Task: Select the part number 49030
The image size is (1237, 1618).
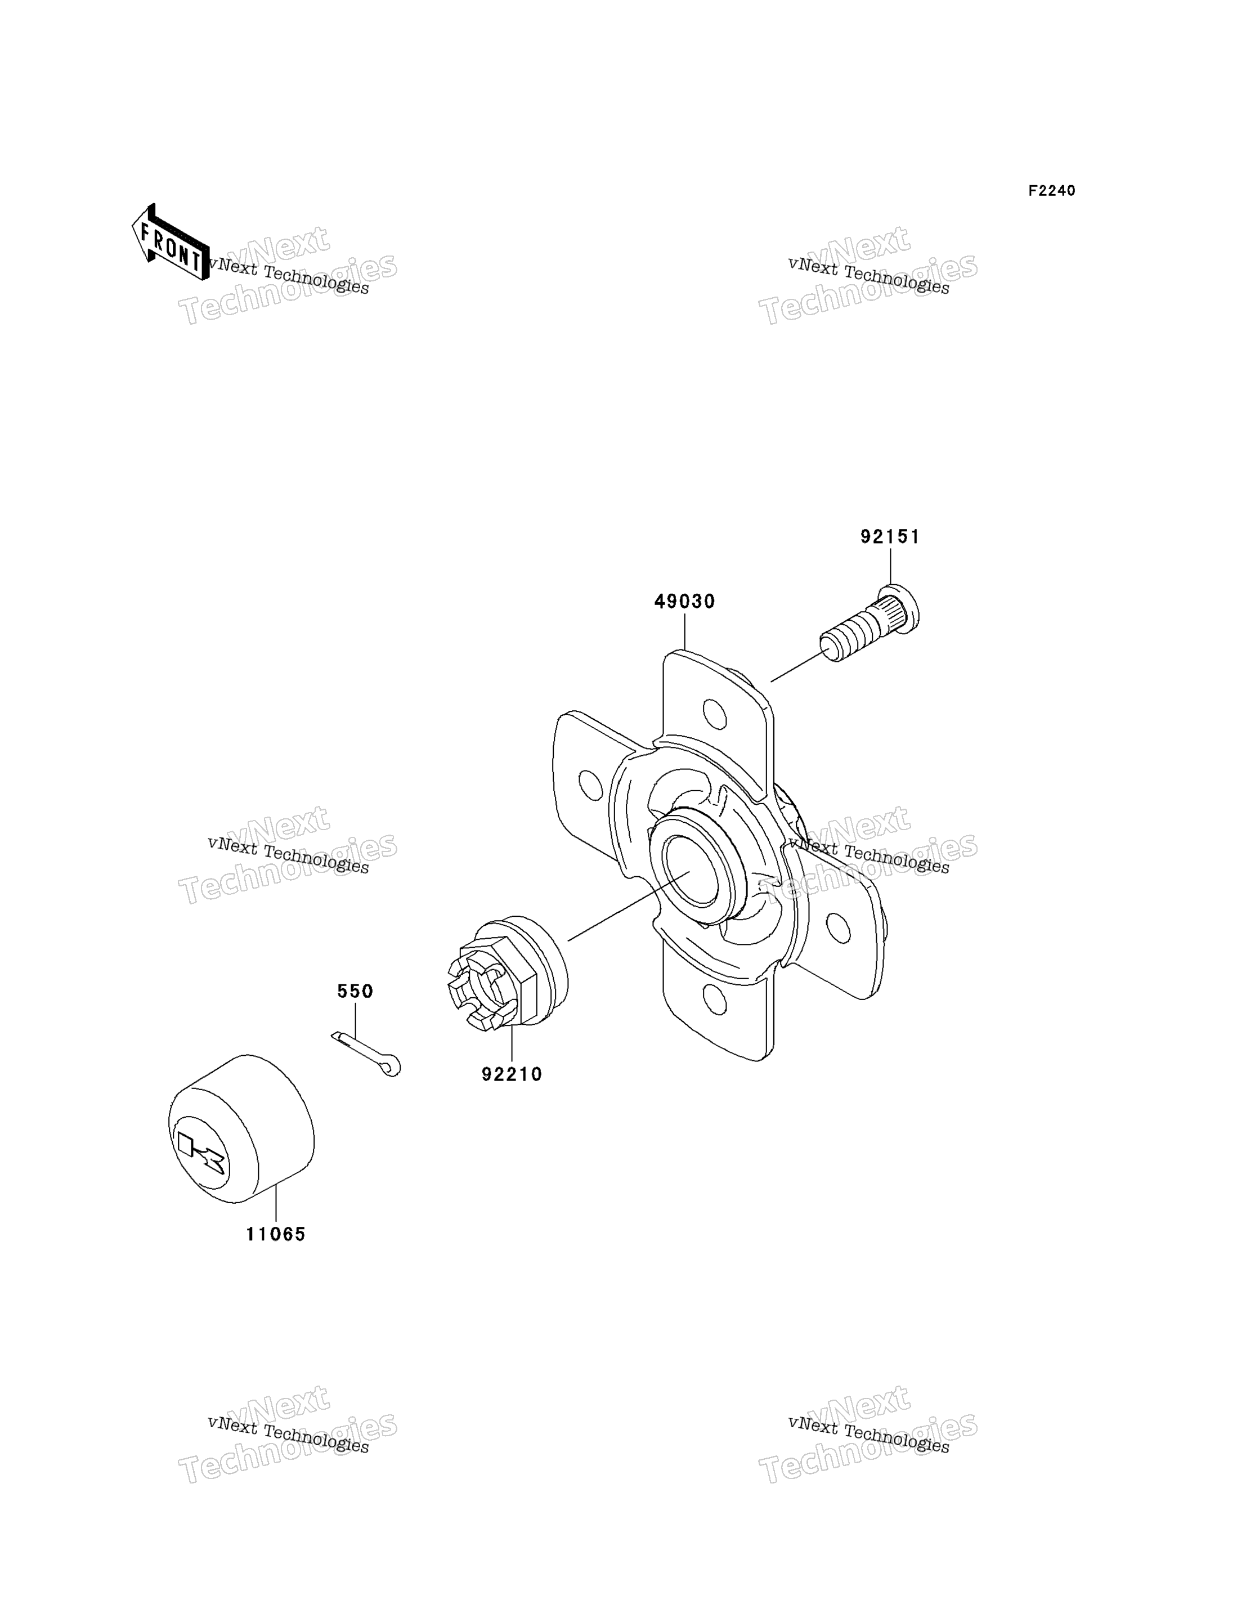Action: pos(685,602)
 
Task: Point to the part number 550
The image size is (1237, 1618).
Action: pos(355,992)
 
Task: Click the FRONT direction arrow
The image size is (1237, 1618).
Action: pos(170,242)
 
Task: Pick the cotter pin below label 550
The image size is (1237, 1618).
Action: pos(366,1054)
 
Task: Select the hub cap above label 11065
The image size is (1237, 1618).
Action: pos(241,1128)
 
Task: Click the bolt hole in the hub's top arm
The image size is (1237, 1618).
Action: pos(714,712)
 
